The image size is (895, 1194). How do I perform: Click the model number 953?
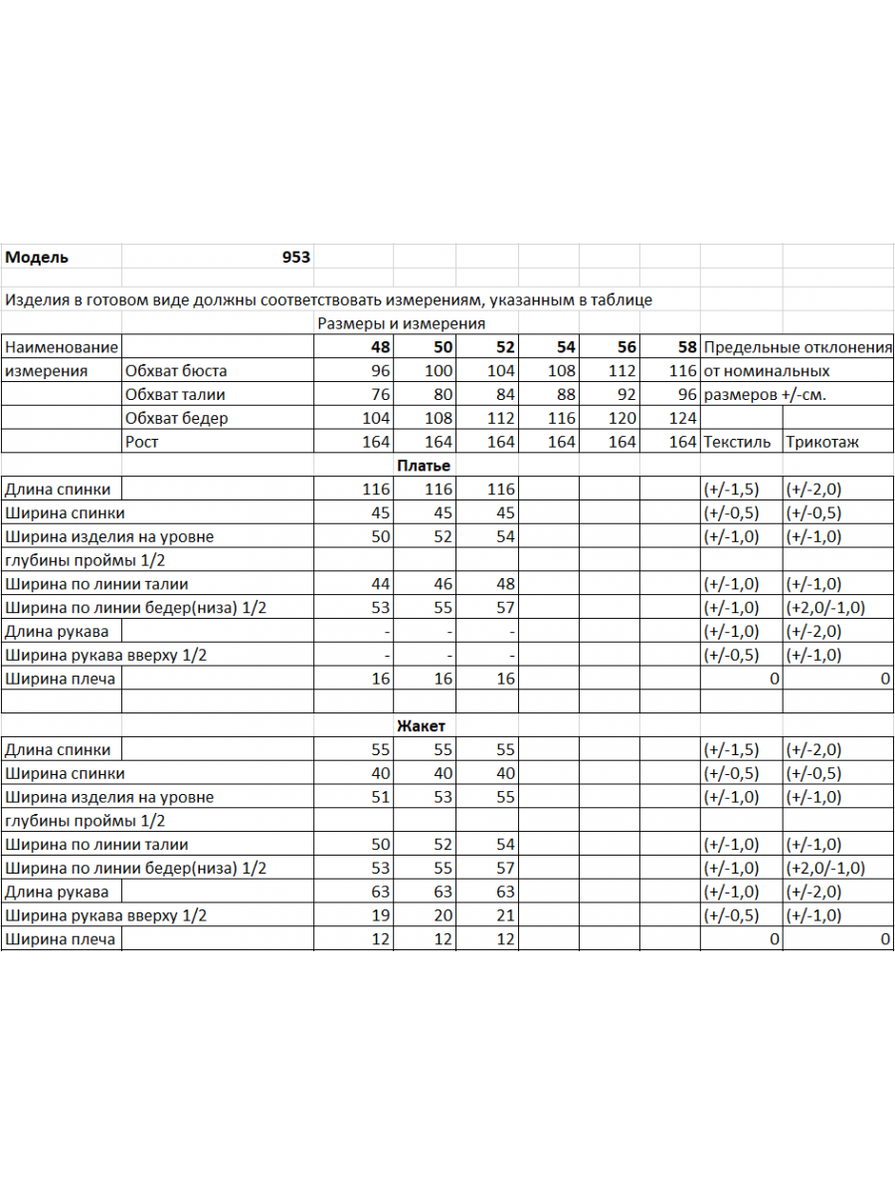[295, 257]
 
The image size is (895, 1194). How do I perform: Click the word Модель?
[37, 257]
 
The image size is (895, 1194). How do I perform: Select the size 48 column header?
[381, 347]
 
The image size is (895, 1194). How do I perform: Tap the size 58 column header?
[686, 347]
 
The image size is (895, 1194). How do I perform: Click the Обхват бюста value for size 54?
[562, 371]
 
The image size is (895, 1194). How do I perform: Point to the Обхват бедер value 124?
[683, 418]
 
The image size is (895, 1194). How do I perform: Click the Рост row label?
[142, 442]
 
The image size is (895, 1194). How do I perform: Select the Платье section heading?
[424, 466]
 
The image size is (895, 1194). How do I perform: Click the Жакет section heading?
[421, 726]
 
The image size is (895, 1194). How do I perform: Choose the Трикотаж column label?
[822, 442]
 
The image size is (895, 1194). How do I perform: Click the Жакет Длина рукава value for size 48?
[380, 892]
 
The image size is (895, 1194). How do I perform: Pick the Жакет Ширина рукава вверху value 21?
[505, 915]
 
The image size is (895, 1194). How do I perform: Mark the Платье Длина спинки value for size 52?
[502, 490]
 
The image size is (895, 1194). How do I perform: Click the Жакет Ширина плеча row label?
[60, 939]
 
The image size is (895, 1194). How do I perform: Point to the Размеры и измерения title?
[401, 323]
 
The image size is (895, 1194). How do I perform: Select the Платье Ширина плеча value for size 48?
[380, 679]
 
